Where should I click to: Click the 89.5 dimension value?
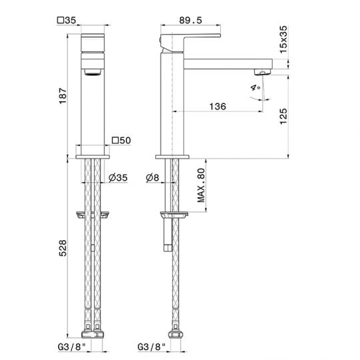(x=190, y=20)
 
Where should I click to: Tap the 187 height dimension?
(x=63, y=95)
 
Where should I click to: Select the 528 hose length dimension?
(x=63, y=248)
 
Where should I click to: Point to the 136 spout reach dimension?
(x=217, y=106)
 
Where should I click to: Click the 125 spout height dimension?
(x=283, y=116)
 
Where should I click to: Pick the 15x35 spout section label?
(x=283, y=39)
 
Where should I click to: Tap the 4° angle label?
(x=255, y=87)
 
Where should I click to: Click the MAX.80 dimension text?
(x=201, y=185)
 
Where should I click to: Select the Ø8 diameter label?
(x=153, y=177)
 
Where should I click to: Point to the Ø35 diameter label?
(x=118, y=177)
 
